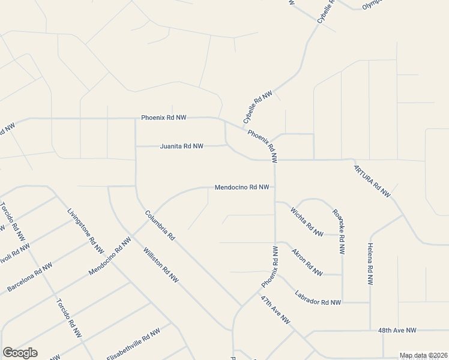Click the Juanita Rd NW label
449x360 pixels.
181,146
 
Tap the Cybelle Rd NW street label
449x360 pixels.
258,107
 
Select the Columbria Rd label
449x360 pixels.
159,226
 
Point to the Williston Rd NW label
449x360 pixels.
161,265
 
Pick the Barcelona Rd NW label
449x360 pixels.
29,277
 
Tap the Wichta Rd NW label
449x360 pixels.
307,220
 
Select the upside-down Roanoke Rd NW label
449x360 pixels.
339,232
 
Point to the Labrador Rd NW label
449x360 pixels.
318,298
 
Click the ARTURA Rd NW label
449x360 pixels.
372,181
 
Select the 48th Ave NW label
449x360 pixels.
397,330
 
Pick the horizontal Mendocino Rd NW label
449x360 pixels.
241,187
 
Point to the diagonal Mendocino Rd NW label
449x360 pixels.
109,256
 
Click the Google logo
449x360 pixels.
20,353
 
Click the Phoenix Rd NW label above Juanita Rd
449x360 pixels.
164,118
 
